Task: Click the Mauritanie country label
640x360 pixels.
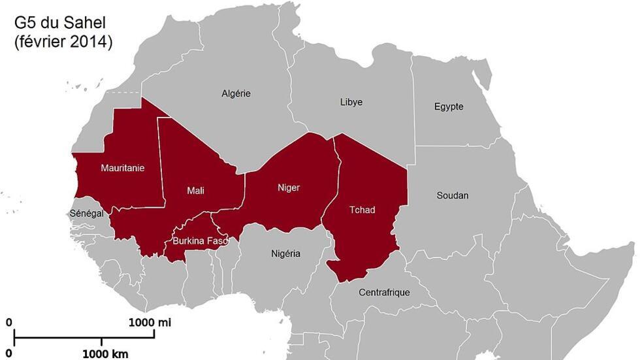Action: coord(122,168)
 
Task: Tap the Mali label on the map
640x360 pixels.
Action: coord(195,190)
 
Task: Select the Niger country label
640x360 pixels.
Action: coord(288,188)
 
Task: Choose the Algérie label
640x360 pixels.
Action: coord(236,93)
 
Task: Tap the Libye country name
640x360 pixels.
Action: coord(351,102)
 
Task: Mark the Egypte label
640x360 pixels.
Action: coord(449,106)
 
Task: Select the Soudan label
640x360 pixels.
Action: coord(453,195)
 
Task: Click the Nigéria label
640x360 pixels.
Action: coord(285,254)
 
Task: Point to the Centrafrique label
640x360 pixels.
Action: coord(384,292)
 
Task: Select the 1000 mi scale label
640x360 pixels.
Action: coord(150,322)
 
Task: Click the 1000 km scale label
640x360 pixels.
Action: coord(105,354)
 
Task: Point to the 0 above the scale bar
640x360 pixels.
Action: coord(9,322)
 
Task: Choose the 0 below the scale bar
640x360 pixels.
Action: coord(9,354)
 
